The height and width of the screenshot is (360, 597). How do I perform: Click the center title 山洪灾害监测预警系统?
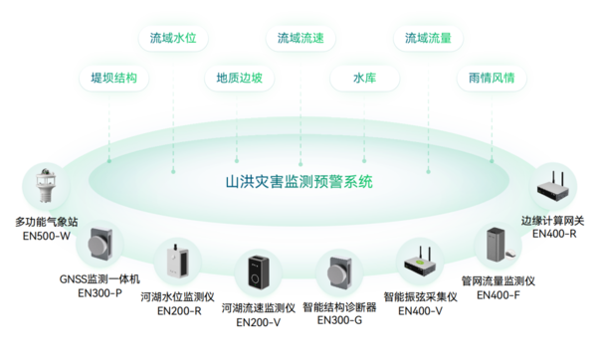tap(298, 182)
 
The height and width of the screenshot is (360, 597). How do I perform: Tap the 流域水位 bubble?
tap(173, 39)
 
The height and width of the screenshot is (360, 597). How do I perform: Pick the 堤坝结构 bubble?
tap(113, 77)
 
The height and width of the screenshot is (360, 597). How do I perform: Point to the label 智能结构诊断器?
tap(339, 307)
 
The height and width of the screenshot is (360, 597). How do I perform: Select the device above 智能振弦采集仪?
tap(420, 262)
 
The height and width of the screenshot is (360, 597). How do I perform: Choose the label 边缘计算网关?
tap(554, 221)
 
